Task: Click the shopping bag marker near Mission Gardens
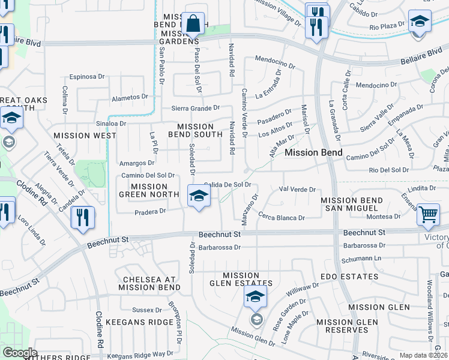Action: pos(193,25)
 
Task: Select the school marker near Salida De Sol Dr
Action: pos(199,196)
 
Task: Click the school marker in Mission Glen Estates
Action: pos(255,297)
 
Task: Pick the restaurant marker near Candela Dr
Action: pos(83,217)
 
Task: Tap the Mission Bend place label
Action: pos(313,152)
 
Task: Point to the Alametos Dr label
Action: pos(130,97)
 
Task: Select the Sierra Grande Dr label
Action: pos(196,109)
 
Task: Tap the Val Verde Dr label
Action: pos(297,189)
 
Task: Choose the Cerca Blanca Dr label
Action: pos(282,217)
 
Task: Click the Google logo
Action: pos(20,353)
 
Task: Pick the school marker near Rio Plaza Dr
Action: pos(419,22)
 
